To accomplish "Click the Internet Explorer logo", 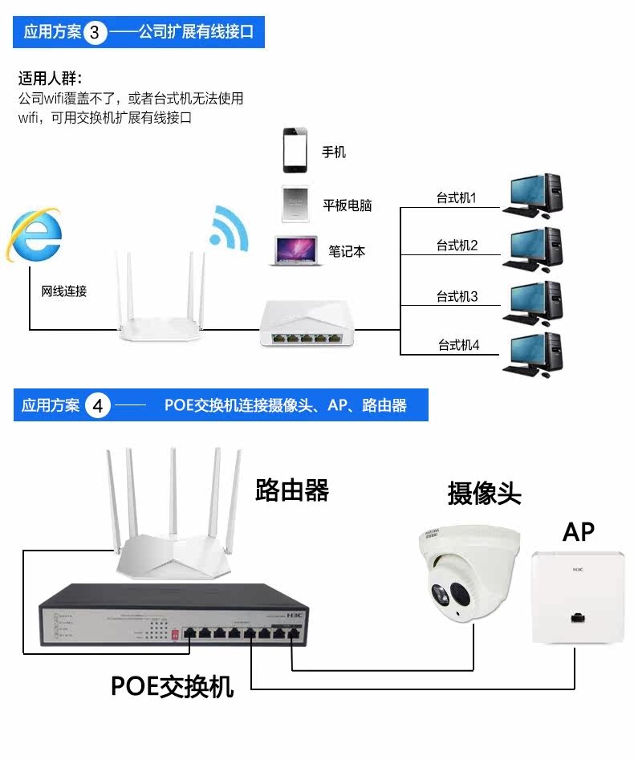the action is coord(35,235).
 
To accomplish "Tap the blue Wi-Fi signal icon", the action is coord(230,228).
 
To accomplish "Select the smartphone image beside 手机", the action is coord(295,150).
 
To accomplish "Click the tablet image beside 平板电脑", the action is coord(295,204).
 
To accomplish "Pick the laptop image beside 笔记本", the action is coord(295,251).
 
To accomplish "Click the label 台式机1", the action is coord(456,197).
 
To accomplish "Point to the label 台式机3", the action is coord(457,296).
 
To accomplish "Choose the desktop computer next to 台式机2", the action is coord(533,249).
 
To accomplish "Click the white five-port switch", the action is coord(307,323).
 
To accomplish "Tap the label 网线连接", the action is coord(64,291).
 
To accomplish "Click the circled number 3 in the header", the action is coord(95,32).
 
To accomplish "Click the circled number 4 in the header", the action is coord(98,405).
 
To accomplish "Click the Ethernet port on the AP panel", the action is coord(577,617).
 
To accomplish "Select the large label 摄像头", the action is coord(484,494).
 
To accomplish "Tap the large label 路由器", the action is coord(292,490).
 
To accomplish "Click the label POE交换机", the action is coord(172,686).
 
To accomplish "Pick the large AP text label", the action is coord(579,532).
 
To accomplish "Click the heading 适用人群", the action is coord(51,78).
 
